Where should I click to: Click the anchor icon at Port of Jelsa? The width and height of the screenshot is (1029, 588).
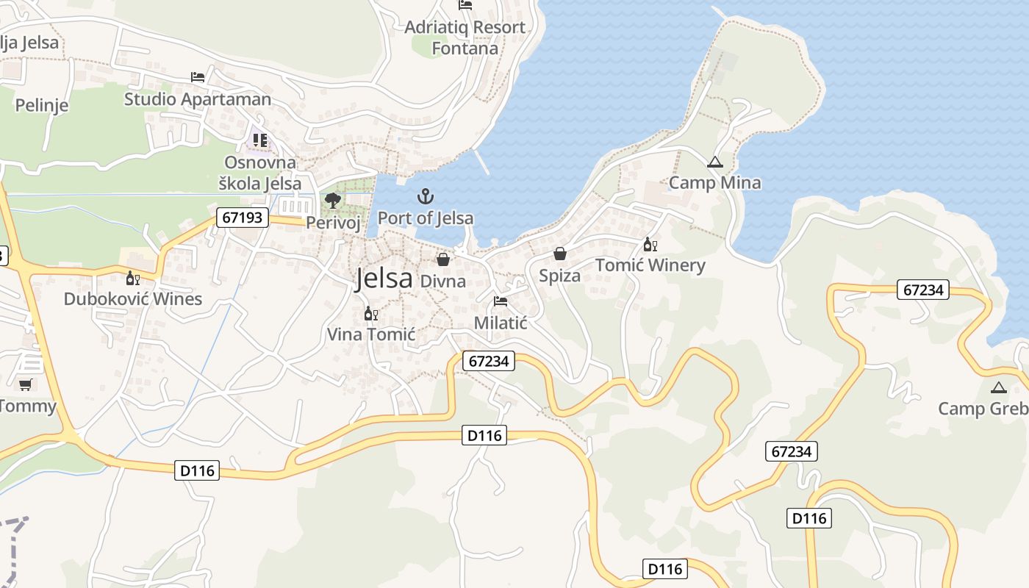(425, 196)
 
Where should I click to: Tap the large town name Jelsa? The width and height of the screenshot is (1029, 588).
(384, 279)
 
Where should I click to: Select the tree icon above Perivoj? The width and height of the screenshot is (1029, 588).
(332, 200)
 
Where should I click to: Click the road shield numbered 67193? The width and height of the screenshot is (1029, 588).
(243, 218)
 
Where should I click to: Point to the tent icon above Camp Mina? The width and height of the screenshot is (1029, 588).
(714, 162)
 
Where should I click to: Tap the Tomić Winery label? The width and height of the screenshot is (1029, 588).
(650, 265)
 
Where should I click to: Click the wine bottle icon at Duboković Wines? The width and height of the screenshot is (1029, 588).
(133, 278)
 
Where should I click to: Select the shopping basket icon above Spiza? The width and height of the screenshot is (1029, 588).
(560, 254)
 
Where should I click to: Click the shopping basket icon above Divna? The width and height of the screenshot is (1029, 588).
(443, 259)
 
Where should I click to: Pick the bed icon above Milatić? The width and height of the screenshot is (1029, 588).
(501, 301)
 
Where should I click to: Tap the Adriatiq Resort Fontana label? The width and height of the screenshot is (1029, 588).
(465, 37)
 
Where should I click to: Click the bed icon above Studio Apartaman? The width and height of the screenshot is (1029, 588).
(197, 76)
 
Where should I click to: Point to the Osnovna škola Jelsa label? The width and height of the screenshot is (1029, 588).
(260, 173)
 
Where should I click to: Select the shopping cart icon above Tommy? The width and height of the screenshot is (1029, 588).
(26, 384)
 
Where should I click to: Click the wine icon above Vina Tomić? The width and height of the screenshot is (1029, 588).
(371, 314)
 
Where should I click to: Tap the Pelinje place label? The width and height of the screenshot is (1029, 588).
(42, 105)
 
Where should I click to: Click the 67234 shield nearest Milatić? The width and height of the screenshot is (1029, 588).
(489, 361)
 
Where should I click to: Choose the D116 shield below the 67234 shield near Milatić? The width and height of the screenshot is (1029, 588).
(484, 435)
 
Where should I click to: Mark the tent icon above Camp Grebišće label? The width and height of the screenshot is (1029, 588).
(997, 387)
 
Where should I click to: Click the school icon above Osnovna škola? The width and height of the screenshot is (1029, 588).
(259, 140)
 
